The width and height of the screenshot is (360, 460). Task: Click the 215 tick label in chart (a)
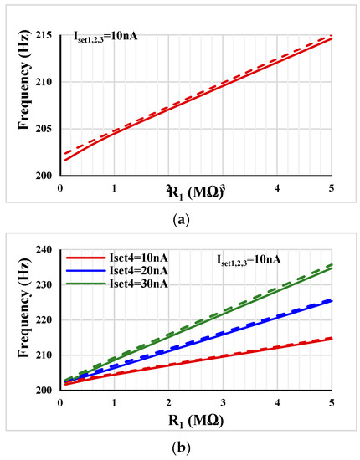pos(44,34)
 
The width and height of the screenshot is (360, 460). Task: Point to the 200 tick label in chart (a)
pos(44,176)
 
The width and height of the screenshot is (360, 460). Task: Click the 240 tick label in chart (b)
pos(44,249)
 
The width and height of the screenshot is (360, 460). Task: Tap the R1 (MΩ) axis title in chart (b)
pos(195,422)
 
